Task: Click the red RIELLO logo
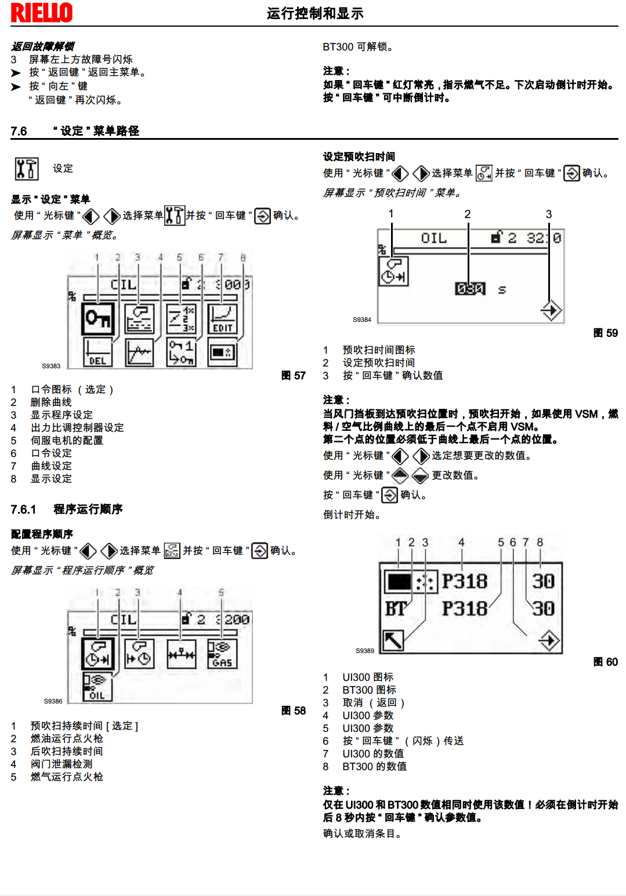coord(42,13)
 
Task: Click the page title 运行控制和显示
coord(315,13)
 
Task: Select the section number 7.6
coord(19,131)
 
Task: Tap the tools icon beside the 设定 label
coord(27,169)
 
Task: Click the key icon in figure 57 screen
coord(98,319)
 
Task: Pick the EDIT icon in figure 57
coord(222,319)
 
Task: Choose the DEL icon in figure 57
coord(97,353)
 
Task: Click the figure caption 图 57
coord(294,376)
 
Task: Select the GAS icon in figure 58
coord(222,654)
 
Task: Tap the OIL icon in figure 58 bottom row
coord(97,687)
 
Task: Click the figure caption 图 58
coord(294,711)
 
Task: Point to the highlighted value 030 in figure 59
coord(470,288)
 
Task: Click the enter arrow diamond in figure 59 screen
coord(551,311)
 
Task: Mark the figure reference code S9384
coord(362,320)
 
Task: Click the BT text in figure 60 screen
coord(397,609)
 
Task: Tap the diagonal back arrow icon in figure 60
coord(393,640)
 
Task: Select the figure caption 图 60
coord(606,662)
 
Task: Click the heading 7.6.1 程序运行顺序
coord(67,509)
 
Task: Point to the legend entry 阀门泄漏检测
coord(61,764)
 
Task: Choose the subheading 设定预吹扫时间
coord(359,157)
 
